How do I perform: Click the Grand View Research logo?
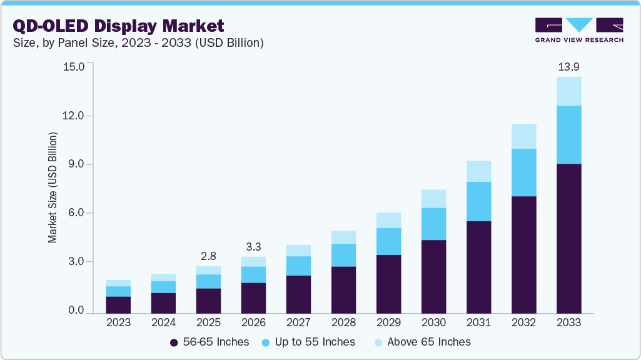[x=579, y=30]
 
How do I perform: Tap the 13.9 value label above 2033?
[x=568, y=66]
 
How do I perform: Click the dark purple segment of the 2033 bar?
[x=568, y=237]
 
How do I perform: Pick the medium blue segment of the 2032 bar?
[x=523, y=172]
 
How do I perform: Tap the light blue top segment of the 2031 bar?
[x=478, y=171]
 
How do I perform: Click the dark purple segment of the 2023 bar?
[x=118, y=304]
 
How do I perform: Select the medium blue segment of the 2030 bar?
[x=433, y=224]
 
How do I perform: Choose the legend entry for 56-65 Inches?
[x=209, y=342]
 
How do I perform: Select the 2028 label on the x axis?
[x=343, y=323]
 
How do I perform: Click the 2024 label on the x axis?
[x=163, y=323]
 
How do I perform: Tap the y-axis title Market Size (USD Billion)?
[x=53, y=187]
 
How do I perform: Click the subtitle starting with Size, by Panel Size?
[x=138, y=43]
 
